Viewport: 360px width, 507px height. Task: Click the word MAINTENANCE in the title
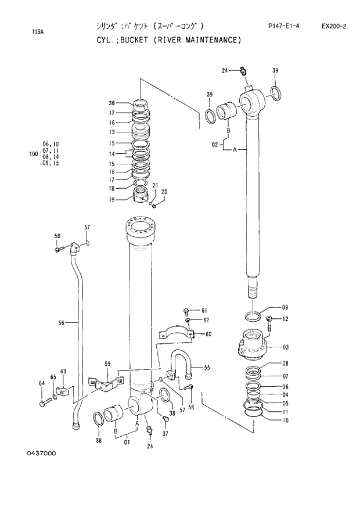click(210, 40)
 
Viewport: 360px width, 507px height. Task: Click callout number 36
click(111, 103)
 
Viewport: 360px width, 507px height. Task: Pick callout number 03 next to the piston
click(285, 347)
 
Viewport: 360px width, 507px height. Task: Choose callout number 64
click(41, 383)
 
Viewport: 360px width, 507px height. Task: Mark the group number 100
click(33, 154)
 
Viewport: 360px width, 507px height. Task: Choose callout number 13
click(111, 132)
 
